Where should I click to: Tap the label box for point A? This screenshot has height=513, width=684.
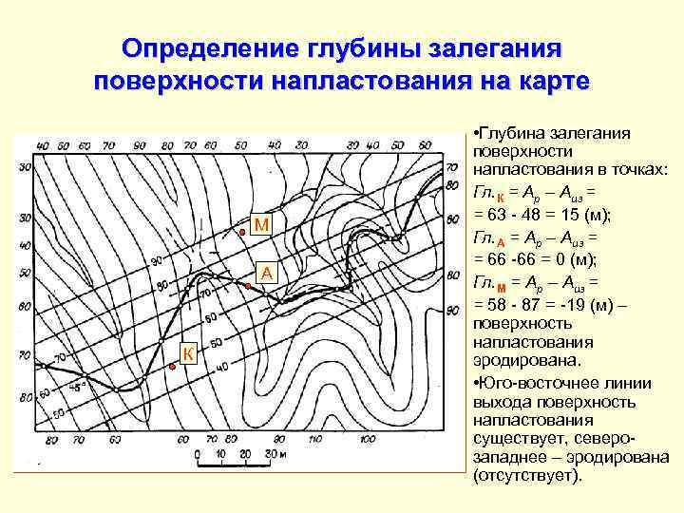click(x=267, y=274)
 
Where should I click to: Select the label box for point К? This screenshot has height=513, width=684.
click(x=187, y=354)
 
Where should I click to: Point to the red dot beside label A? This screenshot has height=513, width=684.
click(x=248, y=284)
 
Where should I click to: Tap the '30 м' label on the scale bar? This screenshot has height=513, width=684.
click(x=275, y=454)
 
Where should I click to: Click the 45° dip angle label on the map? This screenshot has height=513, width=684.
click(x=78, y=387)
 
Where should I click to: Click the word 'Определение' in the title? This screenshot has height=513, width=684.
click(x=223, y=48)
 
